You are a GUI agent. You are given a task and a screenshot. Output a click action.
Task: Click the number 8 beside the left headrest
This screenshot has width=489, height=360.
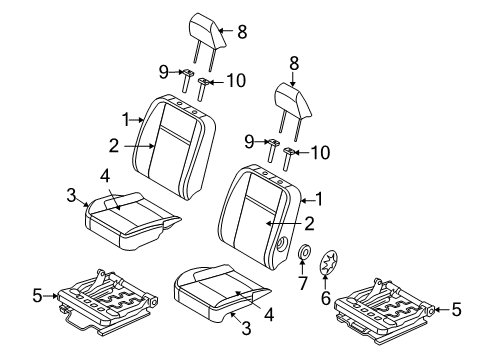click(240, 33)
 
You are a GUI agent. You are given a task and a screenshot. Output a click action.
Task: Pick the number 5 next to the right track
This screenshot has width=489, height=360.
click(456, 310)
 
